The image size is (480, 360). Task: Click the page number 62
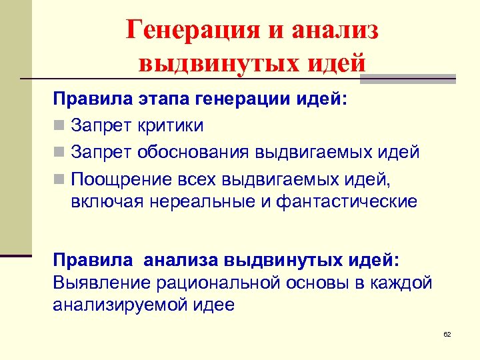click(447, 334)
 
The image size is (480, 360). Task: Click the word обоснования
click(194, 151)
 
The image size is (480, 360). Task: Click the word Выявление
click(101, 283)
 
